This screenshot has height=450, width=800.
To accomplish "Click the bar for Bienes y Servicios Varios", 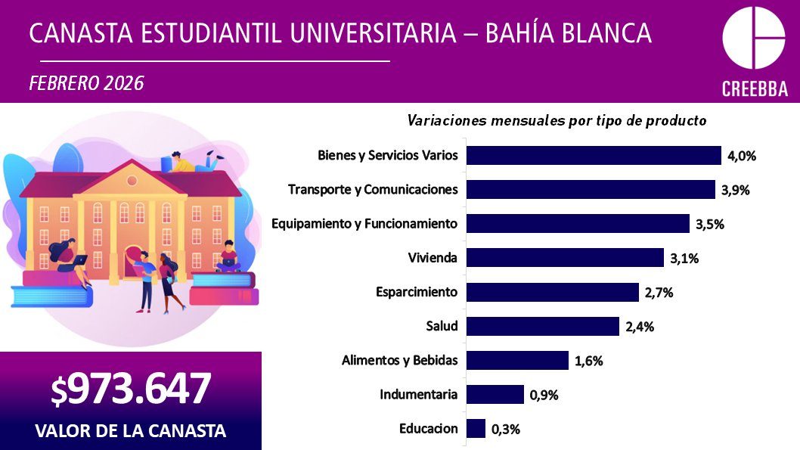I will point(594,156).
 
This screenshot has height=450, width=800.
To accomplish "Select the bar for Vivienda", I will point(565,258).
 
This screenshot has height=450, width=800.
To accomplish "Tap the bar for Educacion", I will point(476,429).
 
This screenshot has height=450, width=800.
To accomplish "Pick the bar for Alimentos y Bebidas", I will point(517,360).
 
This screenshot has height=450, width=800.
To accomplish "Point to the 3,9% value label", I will point(735,190).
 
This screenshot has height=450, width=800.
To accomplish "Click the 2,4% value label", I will point(639,327).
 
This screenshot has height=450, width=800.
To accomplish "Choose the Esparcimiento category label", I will point(417,292).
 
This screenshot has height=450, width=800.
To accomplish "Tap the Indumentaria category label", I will point(419,394).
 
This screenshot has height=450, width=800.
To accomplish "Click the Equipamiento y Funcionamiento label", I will point(364,224).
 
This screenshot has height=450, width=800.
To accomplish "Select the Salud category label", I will point(442,326).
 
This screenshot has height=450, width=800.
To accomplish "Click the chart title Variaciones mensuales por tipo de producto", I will point(557,120).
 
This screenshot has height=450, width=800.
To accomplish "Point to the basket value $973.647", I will point(130,389).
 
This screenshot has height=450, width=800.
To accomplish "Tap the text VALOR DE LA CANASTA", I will point(130,431).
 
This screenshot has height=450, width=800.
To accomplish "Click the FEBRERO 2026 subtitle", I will point(86,83).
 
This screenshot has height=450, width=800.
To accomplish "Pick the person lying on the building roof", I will point(191,161).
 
